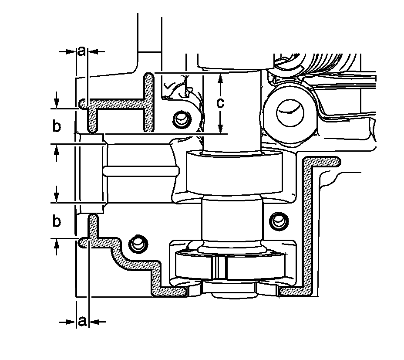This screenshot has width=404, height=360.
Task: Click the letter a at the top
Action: pos(82,51)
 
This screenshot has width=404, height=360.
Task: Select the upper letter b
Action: pos(56,127)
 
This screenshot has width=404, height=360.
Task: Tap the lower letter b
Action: pos(56,221)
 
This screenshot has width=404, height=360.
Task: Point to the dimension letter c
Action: pos(221,103)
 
